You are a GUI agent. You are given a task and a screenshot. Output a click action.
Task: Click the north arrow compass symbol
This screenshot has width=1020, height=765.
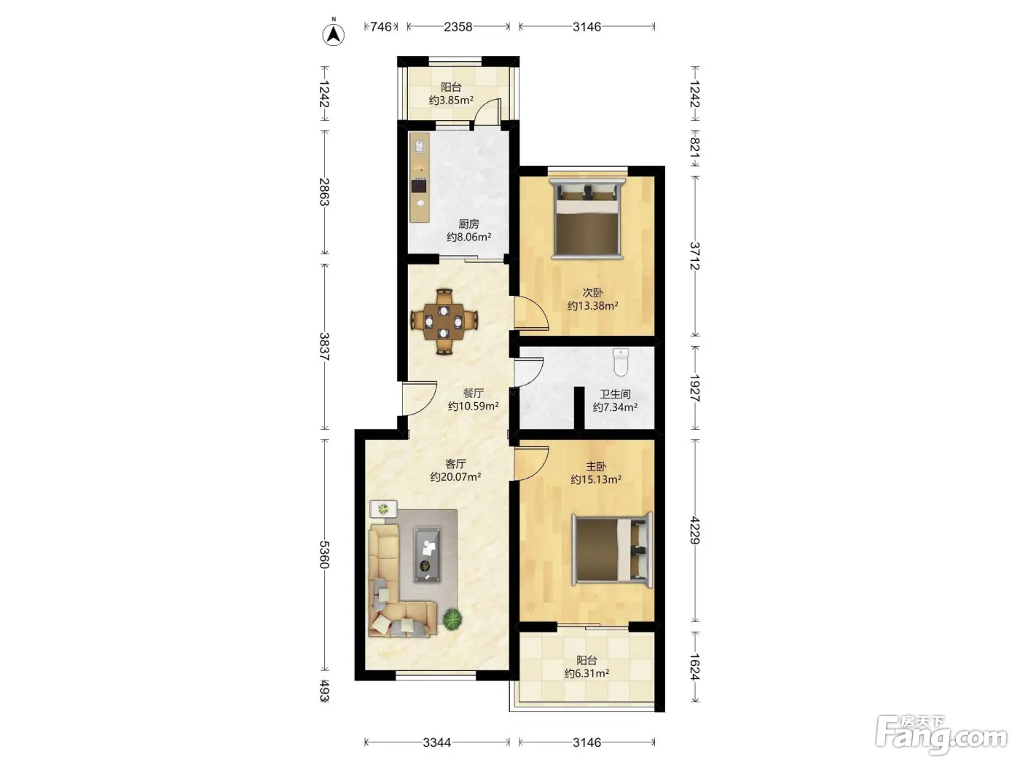[333, 34]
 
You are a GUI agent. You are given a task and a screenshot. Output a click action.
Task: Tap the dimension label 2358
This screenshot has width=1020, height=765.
[458, 27]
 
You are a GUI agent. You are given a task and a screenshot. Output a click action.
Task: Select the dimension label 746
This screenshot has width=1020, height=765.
[380, 27]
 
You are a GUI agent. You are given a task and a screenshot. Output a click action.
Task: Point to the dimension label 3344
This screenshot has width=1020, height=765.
[436, 742]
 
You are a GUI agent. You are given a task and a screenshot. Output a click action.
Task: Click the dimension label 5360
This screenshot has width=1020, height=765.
[324, 554]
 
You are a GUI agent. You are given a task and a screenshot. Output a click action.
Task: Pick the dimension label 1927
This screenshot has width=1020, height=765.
[694, 388]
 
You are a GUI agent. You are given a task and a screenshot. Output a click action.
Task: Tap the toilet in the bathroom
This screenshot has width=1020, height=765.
[620, 362]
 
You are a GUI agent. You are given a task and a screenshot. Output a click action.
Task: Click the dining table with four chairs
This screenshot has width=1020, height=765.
[444, 321]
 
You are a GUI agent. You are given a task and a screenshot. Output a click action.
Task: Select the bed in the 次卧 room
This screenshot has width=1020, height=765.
[587, 219]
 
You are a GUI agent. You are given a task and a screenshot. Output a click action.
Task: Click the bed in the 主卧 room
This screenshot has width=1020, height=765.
[612, 550]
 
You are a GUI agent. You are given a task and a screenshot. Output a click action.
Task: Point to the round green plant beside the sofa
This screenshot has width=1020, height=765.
[452, 619]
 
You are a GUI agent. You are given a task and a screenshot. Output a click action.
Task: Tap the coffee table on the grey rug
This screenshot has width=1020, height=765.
[427, 554]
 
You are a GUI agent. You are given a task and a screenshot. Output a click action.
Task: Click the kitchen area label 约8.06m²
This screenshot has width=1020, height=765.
[468, 238]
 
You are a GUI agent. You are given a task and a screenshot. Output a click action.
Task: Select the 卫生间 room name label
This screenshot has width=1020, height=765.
[615, 394]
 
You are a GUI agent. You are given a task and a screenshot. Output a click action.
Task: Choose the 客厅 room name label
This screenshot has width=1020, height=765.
[455, 464]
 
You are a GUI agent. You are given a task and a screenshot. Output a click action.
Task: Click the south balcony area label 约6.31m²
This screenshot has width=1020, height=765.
[586, 673]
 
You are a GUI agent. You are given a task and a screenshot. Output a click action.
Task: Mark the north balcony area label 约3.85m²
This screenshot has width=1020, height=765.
[451, 100]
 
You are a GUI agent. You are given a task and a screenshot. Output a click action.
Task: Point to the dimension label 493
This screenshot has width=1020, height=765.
[324, 691]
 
